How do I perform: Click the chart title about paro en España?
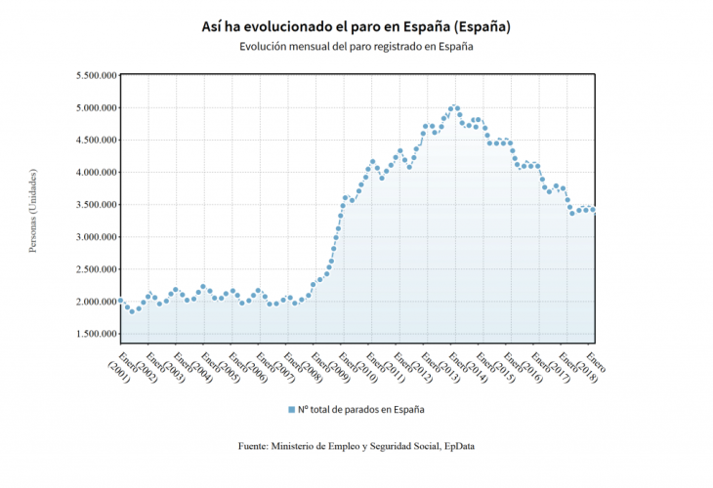pyautogui.click(x=356, y=25)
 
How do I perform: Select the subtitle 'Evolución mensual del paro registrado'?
pyautogui.click(x=356, y=47)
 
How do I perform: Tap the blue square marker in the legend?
pyautogui.click(x=291, y=410)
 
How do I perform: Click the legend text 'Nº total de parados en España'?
pyautogui.click(x=361, y=410)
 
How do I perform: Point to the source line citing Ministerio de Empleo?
pyautogui.click(x=356, y=446)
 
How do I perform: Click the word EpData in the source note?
pyautogui.click(x=458, y=446)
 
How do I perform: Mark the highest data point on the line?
pyautogui.click(x=453, y=107)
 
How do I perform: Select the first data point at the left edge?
pyautogui.click(x=120, y=301)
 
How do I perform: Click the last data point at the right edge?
pyautogui.click(x=593, y=209)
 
